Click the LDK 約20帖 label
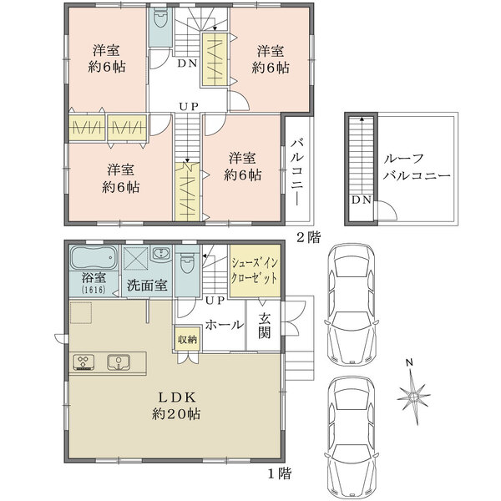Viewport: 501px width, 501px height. [176, 406]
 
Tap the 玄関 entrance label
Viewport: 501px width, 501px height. [264, 326]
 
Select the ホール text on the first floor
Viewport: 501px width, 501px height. [225, 325]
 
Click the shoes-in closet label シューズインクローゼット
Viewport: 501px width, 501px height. [255, 271]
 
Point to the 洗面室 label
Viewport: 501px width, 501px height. [147, 285]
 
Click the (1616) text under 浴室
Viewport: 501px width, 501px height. [94, 290]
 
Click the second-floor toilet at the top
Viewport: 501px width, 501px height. [160, 18]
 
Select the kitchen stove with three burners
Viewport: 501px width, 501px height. [83, 362]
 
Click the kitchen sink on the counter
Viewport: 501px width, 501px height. [119, 362]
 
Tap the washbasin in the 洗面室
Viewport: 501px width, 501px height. [161, 254]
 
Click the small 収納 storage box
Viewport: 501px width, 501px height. [187, 339]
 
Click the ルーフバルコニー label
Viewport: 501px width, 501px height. [417, 167]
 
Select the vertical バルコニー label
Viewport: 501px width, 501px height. [296, 171]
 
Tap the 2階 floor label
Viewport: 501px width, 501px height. [308, 237]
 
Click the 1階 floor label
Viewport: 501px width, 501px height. [279, 473]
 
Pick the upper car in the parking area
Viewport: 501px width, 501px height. [352, 305]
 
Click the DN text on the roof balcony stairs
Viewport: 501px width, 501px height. [362, 200]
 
